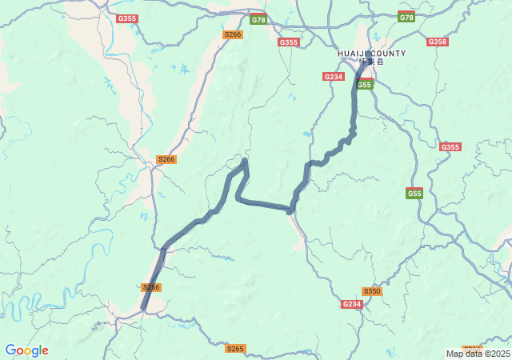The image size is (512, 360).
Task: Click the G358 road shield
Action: (x=437, y=42)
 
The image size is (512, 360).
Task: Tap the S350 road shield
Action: (x=371, y=291)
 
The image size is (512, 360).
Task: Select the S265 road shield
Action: (x=234, y=348)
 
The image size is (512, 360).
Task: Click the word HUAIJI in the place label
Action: (x=352, y=54)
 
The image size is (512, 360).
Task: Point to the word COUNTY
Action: (x=388, y=54)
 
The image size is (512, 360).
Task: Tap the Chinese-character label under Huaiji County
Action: (x=371, y=62)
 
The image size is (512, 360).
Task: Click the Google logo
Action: (x=26, y=350)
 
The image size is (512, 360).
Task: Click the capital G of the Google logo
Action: (x=10, y=350)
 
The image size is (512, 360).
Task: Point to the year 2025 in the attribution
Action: (x=501, y=354)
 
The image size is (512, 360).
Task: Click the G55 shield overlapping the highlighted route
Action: (x=365, y=84)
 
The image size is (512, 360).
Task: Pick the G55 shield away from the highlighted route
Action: (x=414, y=194)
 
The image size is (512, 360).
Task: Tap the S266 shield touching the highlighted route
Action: (x=151, y=287)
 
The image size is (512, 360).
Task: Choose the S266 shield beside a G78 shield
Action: (x=232, y=34)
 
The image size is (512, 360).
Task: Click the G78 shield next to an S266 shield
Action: (x=258, y=19)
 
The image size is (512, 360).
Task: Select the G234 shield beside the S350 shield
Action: (x=351, y=304)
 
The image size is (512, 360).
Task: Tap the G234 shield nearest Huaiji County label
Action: (x=334, y=76)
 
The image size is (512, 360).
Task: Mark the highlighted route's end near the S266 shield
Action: (x=144, y=307)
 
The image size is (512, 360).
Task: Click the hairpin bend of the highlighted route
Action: (x=244, y=162)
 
